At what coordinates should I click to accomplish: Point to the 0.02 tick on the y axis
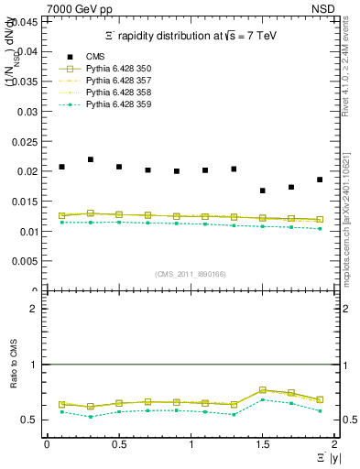click(28, 171)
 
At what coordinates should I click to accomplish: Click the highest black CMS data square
click(91, 159)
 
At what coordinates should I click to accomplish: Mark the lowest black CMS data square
click(263, 191)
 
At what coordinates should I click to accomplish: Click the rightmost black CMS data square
click(320, 180)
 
